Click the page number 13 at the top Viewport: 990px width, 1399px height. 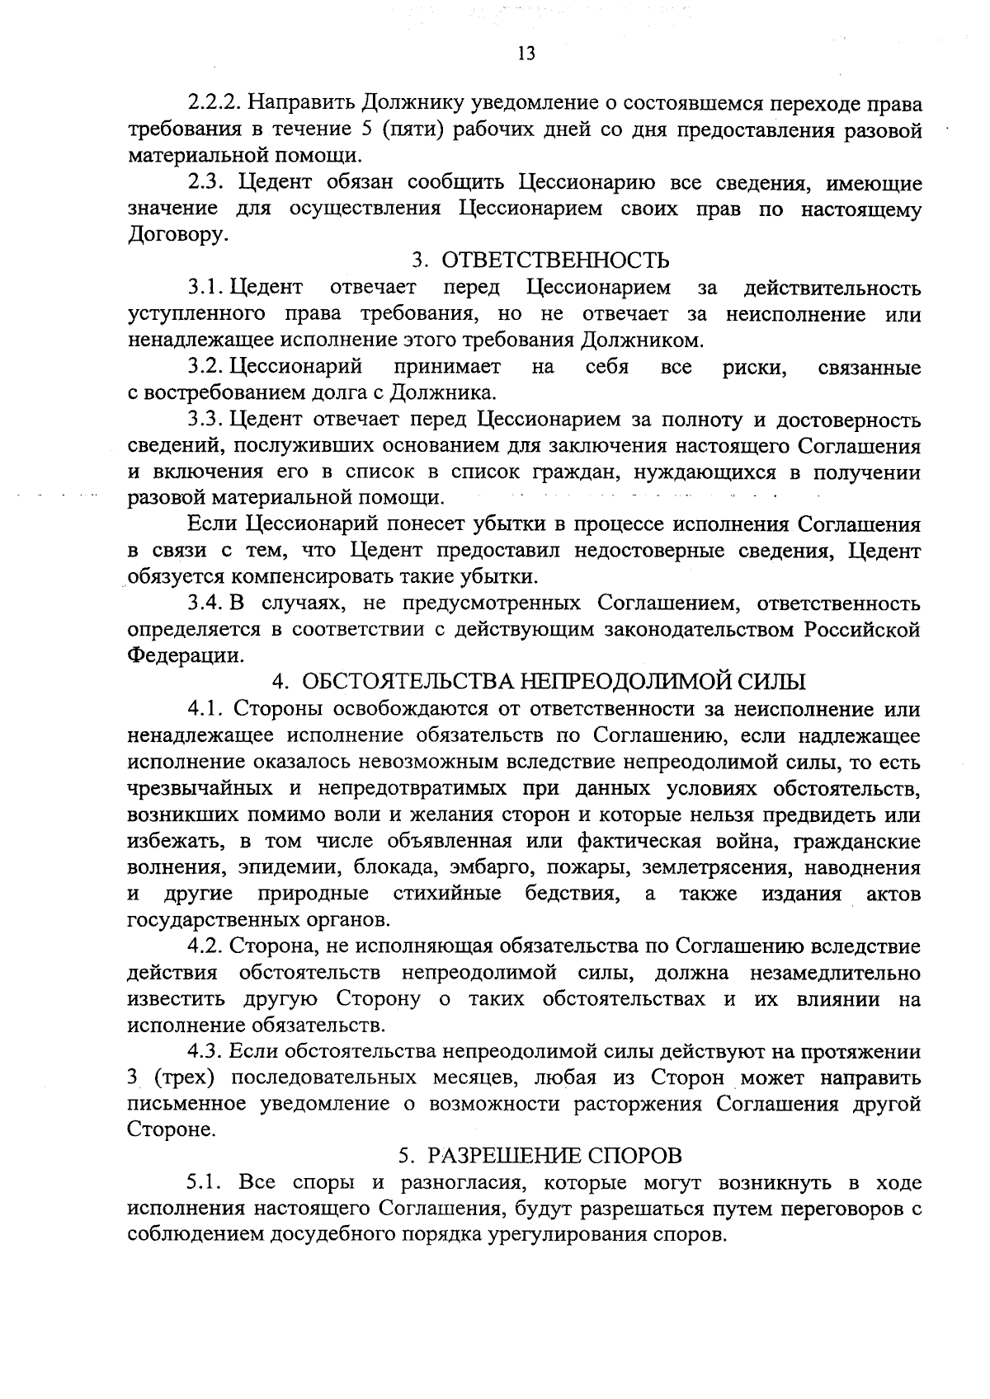[526, 54]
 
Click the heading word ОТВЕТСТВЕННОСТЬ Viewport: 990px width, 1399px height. [555, 261]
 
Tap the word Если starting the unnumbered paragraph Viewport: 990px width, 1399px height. [211, 524]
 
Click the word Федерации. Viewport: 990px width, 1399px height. [186, 656]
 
